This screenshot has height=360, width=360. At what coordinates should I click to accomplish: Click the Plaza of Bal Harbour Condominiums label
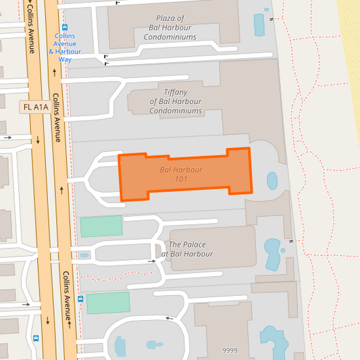(x=170, y=28)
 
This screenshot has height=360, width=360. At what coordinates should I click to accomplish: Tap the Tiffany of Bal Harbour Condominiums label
(x=176, y=101)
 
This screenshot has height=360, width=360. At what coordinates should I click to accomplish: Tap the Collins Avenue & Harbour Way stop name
(x=65, y=47)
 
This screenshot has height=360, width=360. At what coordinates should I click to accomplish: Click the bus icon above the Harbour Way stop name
(x=65, y=28)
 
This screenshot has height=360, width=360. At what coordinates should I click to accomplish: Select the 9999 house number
(x=230, y=351)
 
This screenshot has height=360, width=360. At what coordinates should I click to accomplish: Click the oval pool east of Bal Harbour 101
(x=272, y=180)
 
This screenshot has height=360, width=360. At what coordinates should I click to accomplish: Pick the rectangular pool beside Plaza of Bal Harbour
(x=259, y=25)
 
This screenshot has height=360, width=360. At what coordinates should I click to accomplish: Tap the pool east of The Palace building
(x=273, y=253)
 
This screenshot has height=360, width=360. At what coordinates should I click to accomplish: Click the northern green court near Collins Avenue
(x=101, y=226)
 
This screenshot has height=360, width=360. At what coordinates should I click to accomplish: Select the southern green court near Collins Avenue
(x=108, y=303)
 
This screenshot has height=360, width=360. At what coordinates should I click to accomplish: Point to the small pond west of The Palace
(x=84, y=255)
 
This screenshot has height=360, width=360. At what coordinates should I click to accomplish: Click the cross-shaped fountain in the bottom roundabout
(x=155, y=344)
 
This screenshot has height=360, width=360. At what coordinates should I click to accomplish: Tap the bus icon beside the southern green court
(x=81, y=299)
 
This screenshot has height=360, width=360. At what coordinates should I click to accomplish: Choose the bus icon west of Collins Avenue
(x=36, y=338)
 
